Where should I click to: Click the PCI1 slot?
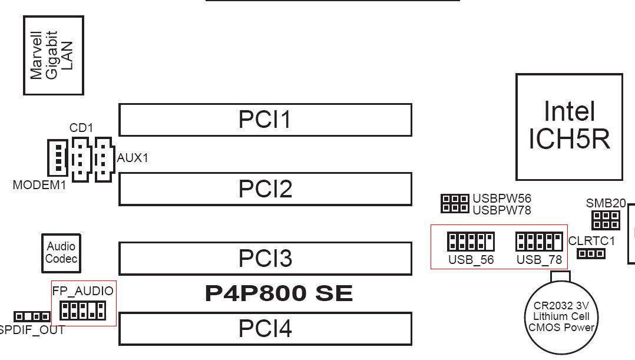pos(265,120)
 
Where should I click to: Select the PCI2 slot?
pos(265,189)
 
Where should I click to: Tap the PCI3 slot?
pos(265,258)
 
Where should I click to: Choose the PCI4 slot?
pos(265,328)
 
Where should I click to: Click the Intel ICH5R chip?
pos(569,126)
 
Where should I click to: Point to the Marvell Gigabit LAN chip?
pos(53,55)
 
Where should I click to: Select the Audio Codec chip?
pos(61,253)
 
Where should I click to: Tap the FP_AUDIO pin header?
pos(83,310)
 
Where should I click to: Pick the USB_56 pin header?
pos(470,242)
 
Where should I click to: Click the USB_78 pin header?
pos(539,242)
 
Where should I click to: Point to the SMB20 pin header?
pos(606,220)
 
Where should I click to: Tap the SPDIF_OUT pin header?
pos(32,316)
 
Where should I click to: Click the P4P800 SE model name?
pos(279,293)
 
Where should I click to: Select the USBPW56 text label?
pos(501,199)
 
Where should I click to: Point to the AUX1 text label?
pos(133,158)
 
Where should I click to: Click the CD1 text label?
pos(81,128)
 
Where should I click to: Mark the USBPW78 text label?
pos(501,209)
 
